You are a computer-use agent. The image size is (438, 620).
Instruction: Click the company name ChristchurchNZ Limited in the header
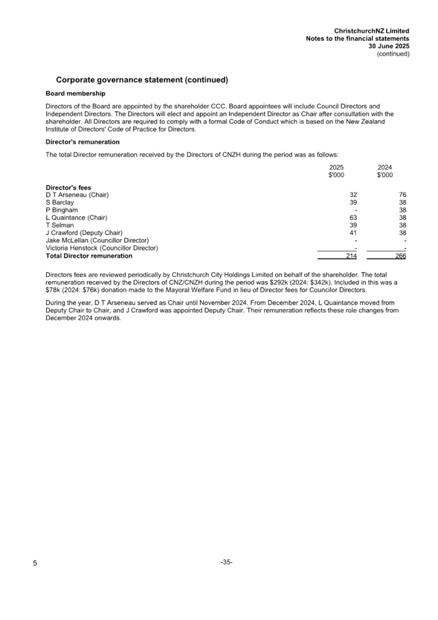point(371,31)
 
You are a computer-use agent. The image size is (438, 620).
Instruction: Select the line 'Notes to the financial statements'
point(357,39)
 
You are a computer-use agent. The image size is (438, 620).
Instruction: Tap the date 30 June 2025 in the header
point(388,46)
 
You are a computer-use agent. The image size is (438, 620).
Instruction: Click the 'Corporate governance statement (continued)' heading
point(141,80)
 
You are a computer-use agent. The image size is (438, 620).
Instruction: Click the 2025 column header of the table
point(336,167)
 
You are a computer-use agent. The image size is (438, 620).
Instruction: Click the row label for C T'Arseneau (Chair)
point(77,195)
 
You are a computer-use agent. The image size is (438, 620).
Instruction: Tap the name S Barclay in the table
point(62,203)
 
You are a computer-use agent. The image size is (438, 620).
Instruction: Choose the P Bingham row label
point(62,210)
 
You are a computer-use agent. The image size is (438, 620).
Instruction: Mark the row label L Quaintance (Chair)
point(77,217)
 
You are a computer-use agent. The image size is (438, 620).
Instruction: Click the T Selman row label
point(60,225)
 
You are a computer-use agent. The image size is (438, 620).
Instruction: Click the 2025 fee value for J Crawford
point(353,232)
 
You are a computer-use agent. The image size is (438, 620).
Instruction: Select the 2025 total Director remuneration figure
point(351,256)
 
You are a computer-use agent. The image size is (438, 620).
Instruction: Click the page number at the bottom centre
point(226,562)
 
